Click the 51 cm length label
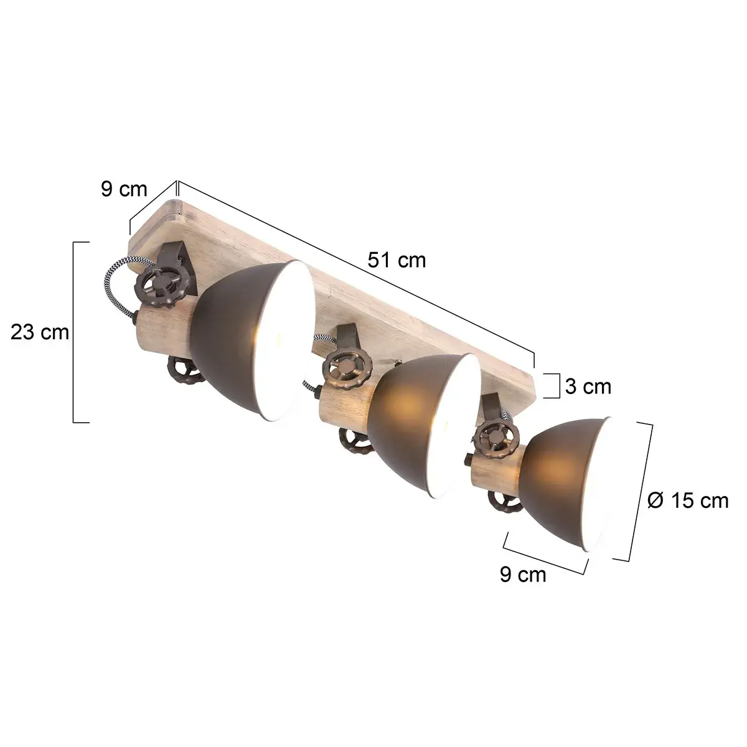tap(397, 260)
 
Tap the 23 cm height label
tap(40, 332)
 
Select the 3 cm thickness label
tap(588, 387)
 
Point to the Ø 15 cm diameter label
tap(687, 500)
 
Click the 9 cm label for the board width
tap(125, 189)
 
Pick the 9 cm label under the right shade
tap(523, 575)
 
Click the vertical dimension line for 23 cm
tap(75, 332)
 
